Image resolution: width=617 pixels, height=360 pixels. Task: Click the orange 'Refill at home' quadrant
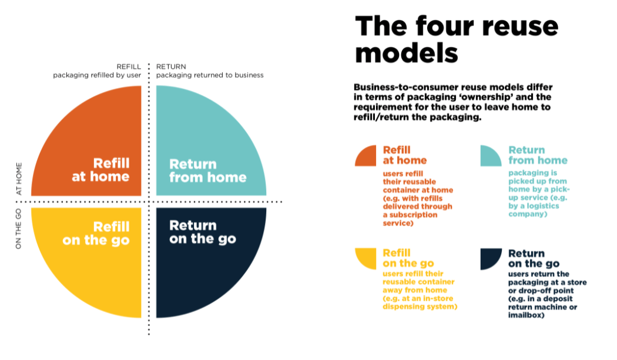click(98, 150)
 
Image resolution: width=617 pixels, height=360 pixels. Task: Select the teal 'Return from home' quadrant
click(201, 150)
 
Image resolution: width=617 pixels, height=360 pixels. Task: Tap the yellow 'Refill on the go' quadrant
click(98, 255)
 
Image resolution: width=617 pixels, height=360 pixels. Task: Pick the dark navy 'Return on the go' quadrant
click(201, 255)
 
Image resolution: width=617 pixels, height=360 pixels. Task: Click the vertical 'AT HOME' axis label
click(18, 179)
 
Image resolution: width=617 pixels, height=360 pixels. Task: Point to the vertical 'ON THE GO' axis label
click(18, 228)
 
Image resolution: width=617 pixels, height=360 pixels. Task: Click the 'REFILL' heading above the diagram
click(129, 66)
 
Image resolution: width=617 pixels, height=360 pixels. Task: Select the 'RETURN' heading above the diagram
click(171, 66)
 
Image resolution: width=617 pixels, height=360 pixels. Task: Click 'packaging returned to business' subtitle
click(210, 75)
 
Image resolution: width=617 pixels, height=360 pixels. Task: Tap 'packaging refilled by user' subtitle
click(97, 75)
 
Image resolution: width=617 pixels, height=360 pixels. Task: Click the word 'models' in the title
click(407, 53)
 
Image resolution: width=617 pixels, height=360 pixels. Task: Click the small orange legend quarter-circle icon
click(366, 156)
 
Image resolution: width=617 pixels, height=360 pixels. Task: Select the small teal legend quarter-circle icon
click(491, 156)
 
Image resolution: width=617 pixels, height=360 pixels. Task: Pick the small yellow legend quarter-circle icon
click(366, 258)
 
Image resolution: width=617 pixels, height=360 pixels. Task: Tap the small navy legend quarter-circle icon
click(491, 258)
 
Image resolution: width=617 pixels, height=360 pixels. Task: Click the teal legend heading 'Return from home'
click(538, 155)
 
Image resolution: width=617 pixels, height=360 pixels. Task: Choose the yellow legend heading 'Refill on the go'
click(408, 258)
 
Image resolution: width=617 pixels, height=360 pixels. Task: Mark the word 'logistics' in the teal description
click(542, 206)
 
